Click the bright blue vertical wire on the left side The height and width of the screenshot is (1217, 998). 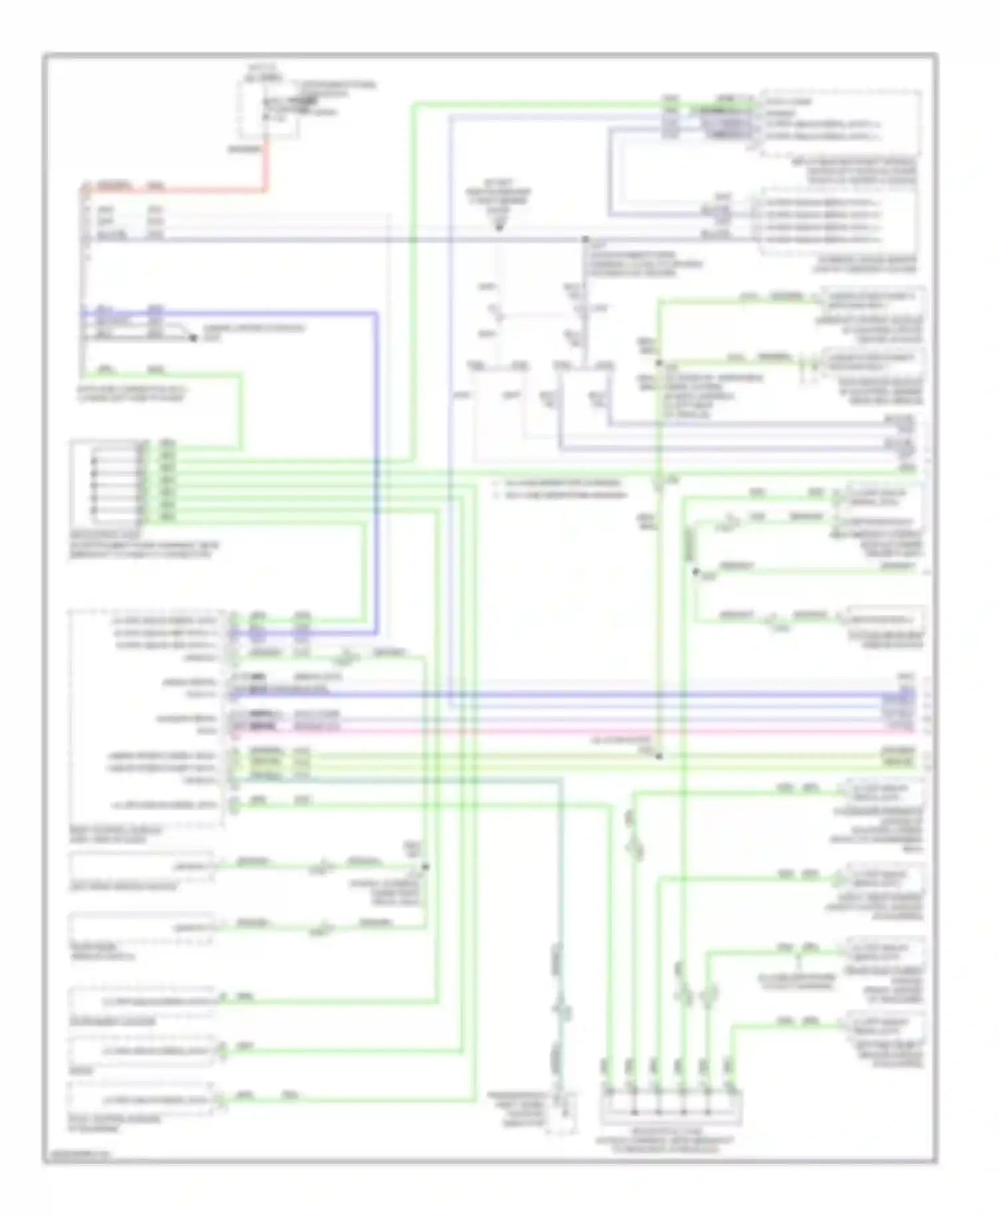(377, 466)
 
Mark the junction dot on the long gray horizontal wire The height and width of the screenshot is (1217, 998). (585, 238)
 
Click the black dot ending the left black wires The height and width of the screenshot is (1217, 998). (194, 338)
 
